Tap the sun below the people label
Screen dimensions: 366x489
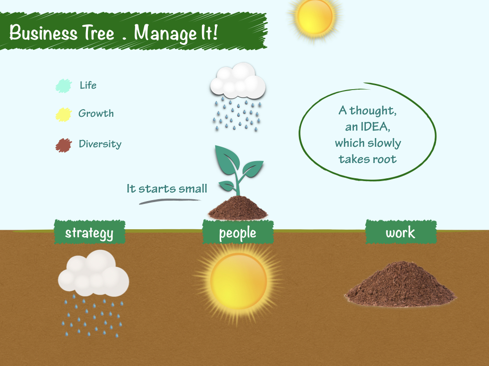(x=238, y=281)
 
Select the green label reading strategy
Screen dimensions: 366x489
(x=89, y=233)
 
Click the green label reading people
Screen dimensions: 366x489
(x=238, y=233)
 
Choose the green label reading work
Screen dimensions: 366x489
(x=401, y=232)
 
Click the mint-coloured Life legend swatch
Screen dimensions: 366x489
(x=63, y=86)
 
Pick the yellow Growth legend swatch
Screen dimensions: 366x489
(x=64, y=114)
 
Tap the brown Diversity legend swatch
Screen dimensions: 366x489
(x=64, y=145)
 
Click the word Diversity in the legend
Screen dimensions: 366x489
(x=100, y=144)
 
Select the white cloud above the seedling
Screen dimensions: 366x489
(x=238, y=81)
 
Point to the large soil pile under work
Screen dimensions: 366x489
(x=400, y=285)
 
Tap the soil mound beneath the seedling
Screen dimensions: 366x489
(x=238, y=208)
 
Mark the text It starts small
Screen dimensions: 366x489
(x=167, y=189)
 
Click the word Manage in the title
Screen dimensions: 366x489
(x=163, y=33)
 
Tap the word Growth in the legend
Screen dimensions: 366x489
(x=96, y=113)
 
